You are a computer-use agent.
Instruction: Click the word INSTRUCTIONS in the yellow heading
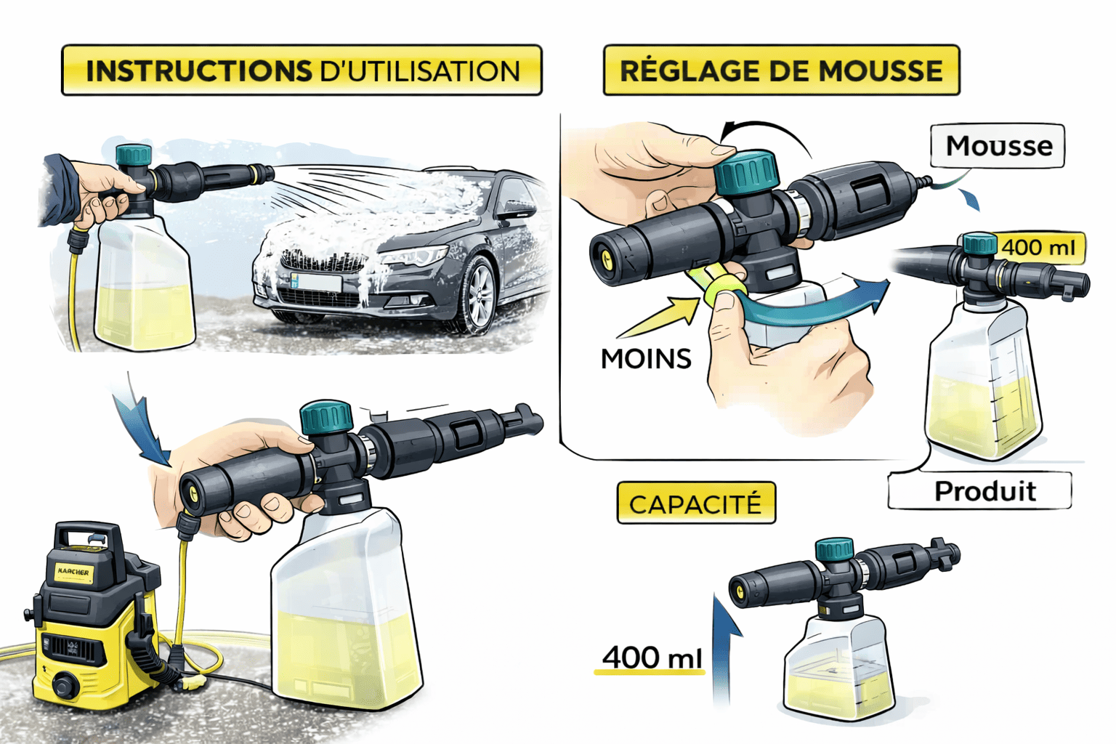[199, 70]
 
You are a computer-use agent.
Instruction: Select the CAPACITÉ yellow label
[696, 503]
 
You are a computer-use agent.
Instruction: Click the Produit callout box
[979, 491]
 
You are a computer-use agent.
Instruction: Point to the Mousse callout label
[998, 146]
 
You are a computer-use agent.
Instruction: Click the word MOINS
[646, 359]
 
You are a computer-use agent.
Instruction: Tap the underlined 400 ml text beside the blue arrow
[652, 658]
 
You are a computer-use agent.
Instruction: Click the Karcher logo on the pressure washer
[73, 572]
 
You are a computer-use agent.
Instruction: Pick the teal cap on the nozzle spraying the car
[133, 155]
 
